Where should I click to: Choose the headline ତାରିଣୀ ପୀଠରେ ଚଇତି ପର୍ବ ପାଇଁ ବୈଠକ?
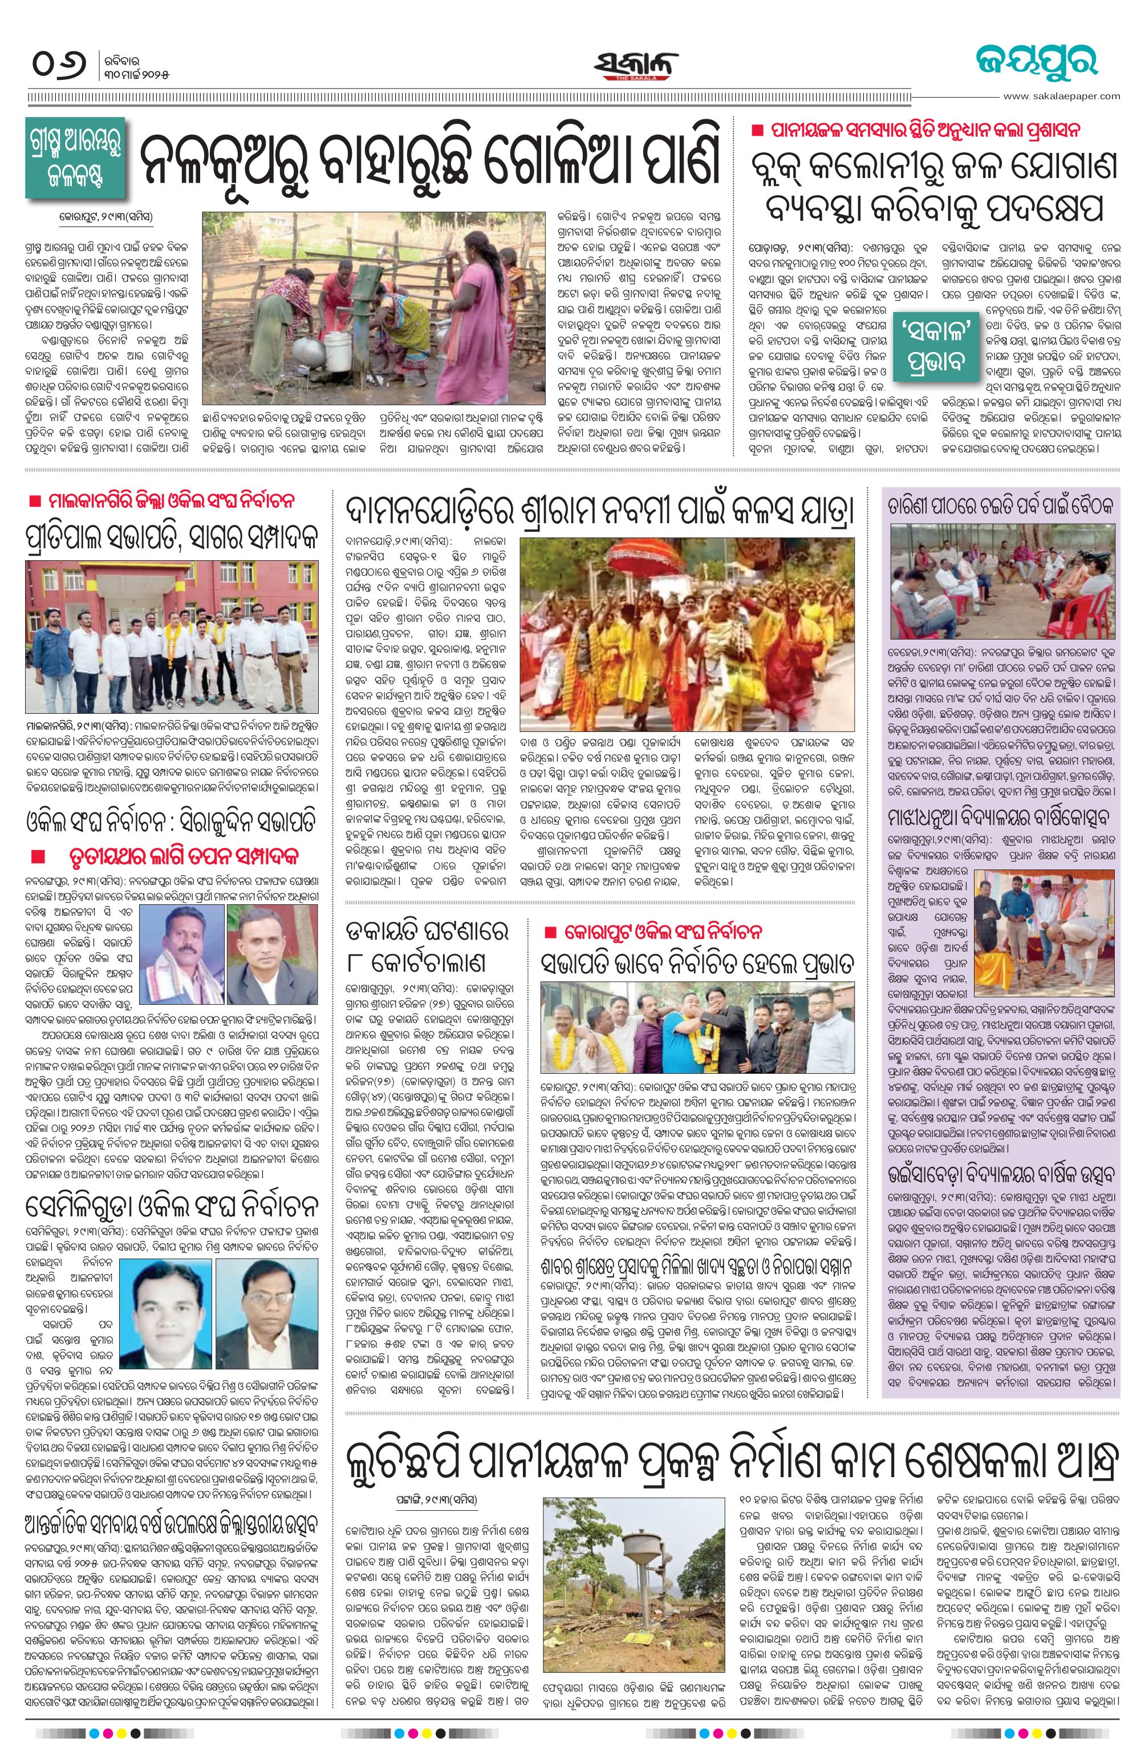1000,506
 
